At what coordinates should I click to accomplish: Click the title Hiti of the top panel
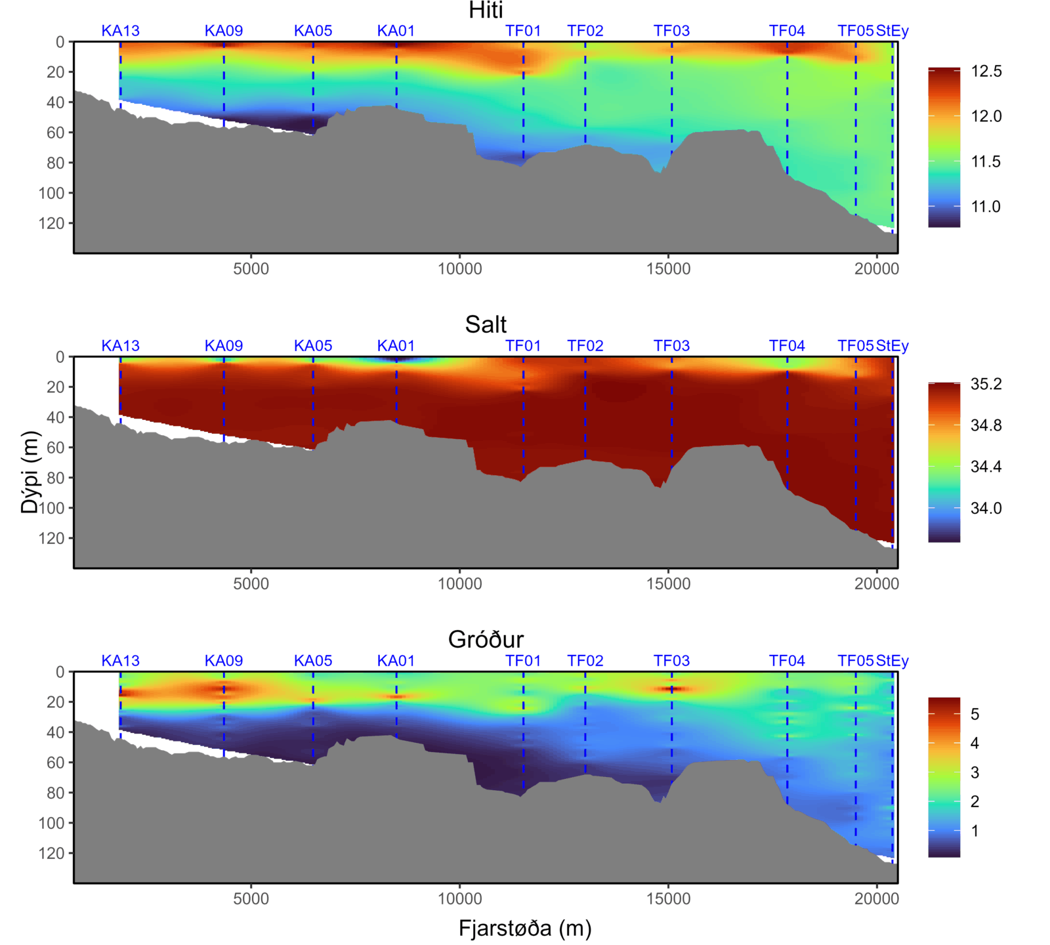pos(486,10)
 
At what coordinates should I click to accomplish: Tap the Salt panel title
pos(486,325)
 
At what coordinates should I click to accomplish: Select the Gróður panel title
pos(486,639)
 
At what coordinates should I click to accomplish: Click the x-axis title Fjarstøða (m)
pos(525,928)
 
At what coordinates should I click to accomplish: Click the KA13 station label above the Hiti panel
pos(120,31)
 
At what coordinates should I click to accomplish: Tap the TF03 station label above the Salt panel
pos(671,346)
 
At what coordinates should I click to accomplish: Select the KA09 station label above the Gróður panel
pos(224,661)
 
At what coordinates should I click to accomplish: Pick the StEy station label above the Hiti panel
pos(892,31)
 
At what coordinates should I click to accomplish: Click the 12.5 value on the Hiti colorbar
pos(986,72)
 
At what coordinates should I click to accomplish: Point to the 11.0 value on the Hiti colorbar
pos(986,207)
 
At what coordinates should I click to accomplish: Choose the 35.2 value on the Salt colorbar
pos(986,384)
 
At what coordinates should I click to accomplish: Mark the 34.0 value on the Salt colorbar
pos(986,508)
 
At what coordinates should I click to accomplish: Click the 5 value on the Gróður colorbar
pos(975,714)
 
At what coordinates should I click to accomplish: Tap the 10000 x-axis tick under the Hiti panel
pos(459,268)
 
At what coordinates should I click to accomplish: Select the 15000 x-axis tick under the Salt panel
pos(668,583)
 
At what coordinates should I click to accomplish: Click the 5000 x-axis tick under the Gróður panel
pos(251,898)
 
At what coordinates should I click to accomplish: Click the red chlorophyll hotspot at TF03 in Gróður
pos(671,689)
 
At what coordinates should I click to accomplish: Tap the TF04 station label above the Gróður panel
pos(787,661)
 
